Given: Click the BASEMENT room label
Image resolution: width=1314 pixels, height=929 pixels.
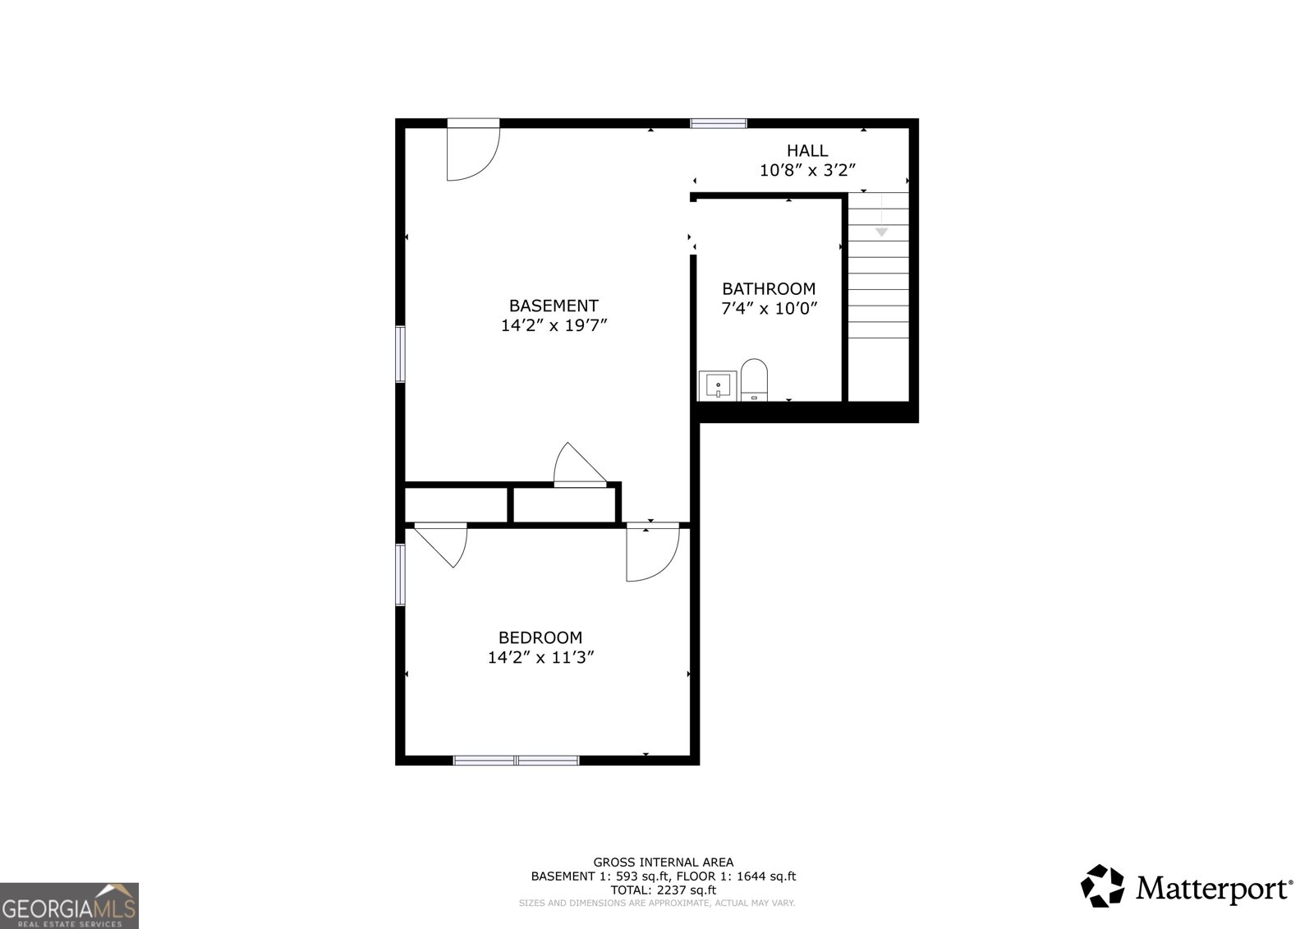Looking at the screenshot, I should [554, 306].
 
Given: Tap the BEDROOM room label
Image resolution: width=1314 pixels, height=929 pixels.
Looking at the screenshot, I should [540, 637].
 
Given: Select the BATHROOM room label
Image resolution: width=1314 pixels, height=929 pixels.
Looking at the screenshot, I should [769, 288].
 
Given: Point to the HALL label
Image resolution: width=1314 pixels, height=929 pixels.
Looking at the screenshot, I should [807, 150].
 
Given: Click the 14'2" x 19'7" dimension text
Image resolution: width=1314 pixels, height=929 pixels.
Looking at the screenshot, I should [554, 325].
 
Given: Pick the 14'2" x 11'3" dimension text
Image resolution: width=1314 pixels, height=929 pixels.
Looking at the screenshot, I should [540, 657].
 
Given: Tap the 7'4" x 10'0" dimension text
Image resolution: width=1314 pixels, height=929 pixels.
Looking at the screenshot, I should [769, 309].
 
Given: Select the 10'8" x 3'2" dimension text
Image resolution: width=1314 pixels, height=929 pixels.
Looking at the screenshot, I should [807, 171].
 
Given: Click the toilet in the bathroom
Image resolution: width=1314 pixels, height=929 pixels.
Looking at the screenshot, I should [753, 379].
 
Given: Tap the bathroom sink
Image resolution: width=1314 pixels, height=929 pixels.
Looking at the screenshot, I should [717, 384].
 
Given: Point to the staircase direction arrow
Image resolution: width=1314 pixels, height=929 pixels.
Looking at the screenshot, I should [881, 232].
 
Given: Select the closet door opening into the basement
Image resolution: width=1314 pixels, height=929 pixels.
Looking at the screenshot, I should [580, 467].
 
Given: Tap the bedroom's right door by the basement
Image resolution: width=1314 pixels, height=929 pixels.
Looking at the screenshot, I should [651, 553].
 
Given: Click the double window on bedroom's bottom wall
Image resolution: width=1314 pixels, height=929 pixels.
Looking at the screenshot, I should [517, 761].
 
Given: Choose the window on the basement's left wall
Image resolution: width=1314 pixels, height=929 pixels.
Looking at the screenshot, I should [400, 354].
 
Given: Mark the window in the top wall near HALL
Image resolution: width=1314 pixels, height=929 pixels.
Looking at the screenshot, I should [719, 123].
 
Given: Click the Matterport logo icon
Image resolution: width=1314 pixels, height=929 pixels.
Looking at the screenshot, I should [1101, 887].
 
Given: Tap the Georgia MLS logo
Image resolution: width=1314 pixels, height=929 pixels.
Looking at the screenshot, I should [69, 905].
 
